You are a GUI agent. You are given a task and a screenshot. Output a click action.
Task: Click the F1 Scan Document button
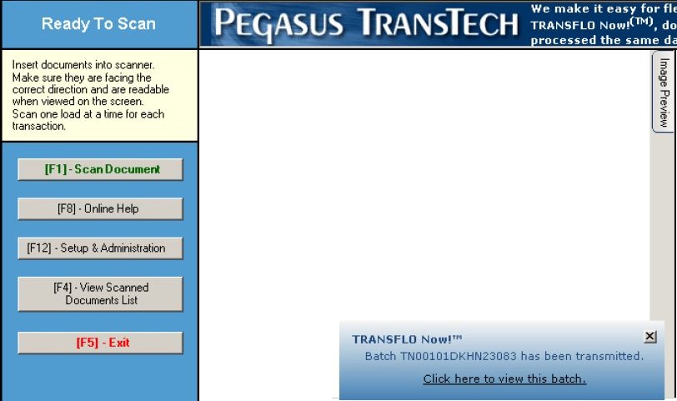pos(100,169)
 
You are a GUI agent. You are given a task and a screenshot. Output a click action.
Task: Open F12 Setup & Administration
pos(100,248)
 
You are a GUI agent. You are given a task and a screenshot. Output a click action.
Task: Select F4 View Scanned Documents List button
pos(100,294)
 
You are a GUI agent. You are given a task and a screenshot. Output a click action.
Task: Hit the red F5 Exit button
pos(100,343)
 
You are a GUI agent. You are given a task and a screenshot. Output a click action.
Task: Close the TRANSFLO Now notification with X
pos(649,336)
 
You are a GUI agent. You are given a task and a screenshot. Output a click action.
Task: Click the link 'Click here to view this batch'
pos(504,378)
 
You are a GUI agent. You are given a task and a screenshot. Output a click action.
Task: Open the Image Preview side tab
pos(663,93)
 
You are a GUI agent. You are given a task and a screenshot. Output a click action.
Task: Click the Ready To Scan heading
pos(98,23)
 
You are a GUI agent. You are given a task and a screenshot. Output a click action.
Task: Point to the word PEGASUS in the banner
pos(279,23)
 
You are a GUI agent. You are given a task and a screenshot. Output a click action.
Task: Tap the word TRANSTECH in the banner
pos(438,22)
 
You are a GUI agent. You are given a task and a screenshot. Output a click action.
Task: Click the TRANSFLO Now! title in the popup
pos(407,339)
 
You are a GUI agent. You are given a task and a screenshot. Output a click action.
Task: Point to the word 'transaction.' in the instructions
pos(39,126)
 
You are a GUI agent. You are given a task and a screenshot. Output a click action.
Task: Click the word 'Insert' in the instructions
pos(24,65)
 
